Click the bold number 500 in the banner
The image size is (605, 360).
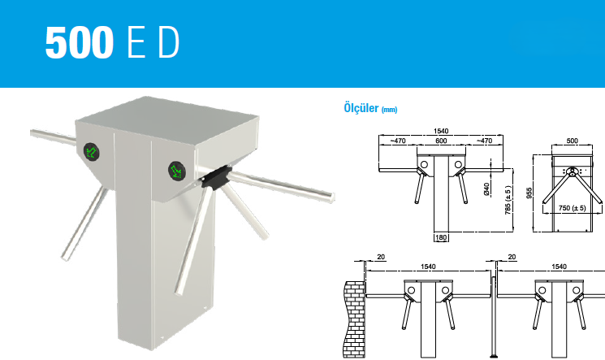(x=80, y=42)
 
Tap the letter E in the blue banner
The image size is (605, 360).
(x=136, y=42)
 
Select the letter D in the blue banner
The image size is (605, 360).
(x=169, y=42)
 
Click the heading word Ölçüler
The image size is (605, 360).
(x=361, y=108)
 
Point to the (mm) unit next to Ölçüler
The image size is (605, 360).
(x=389, y=110)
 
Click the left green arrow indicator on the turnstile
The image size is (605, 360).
(x=92, y=151)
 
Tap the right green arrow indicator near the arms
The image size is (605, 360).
(x=177, y=171)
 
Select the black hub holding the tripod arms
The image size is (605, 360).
(x=215, y=178)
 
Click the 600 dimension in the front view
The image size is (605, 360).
(x=441, y=141)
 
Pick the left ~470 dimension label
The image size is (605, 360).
(x=398, y=141)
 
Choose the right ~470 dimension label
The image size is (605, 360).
(x=484, y=141)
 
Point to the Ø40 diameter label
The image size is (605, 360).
(x=486, y=189)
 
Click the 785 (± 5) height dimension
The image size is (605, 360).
(x=508, y=200)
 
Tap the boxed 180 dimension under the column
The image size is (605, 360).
(x=441, y=237)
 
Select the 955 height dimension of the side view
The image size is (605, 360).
(x=529, y=193)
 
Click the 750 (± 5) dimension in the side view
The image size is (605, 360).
(x=573, y=208)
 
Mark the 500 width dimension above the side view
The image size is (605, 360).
(x=573, y=141)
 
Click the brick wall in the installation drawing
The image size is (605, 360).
(x=355, y=319)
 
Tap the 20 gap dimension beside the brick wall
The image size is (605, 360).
(x=381, y=257)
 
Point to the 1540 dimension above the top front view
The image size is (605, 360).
(x=441, y=131)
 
